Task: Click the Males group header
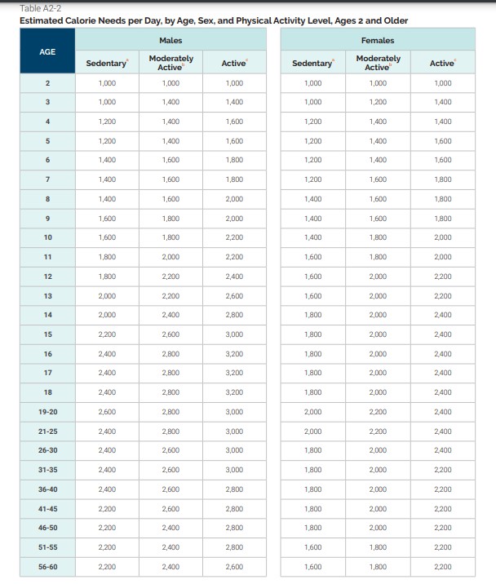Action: pyautogui.click(x=170, y=40)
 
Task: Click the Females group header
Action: pyautogui.click(x=377, y=40)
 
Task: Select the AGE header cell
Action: pyautogui.click(x=48, y=51)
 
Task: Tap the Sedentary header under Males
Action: pyautogui.click(x=107, y=63)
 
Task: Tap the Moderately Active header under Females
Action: pyautogui.click(x=378, y=63)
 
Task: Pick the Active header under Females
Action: pyautogui.click(x=443, y=63)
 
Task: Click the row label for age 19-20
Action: pyautogui.click(x=48, y=412)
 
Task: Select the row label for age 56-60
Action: pyautogui.click(x=48, y=566)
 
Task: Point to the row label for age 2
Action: pyautogui.click(x=48, y=83)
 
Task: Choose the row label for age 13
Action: pyautogui.click(x=48, y=295)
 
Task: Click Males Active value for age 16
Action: pyautogui.click(x=234, y=354)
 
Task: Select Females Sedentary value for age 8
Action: pyautogui.click(x=313, y=199)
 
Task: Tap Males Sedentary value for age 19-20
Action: pyautogui.click(x=107, y=412)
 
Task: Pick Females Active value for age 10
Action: pyautogui.click(x=443, y=237)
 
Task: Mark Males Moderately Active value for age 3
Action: pyautogui.click(x=170, y=102)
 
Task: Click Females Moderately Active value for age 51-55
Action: pyautogui.click(x=378, y=546)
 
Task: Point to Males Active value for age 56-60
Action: pyautogui.click(x=234, y=566)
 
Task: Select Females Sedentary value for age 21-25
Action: pyautogui.click(x=313, y=431)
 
